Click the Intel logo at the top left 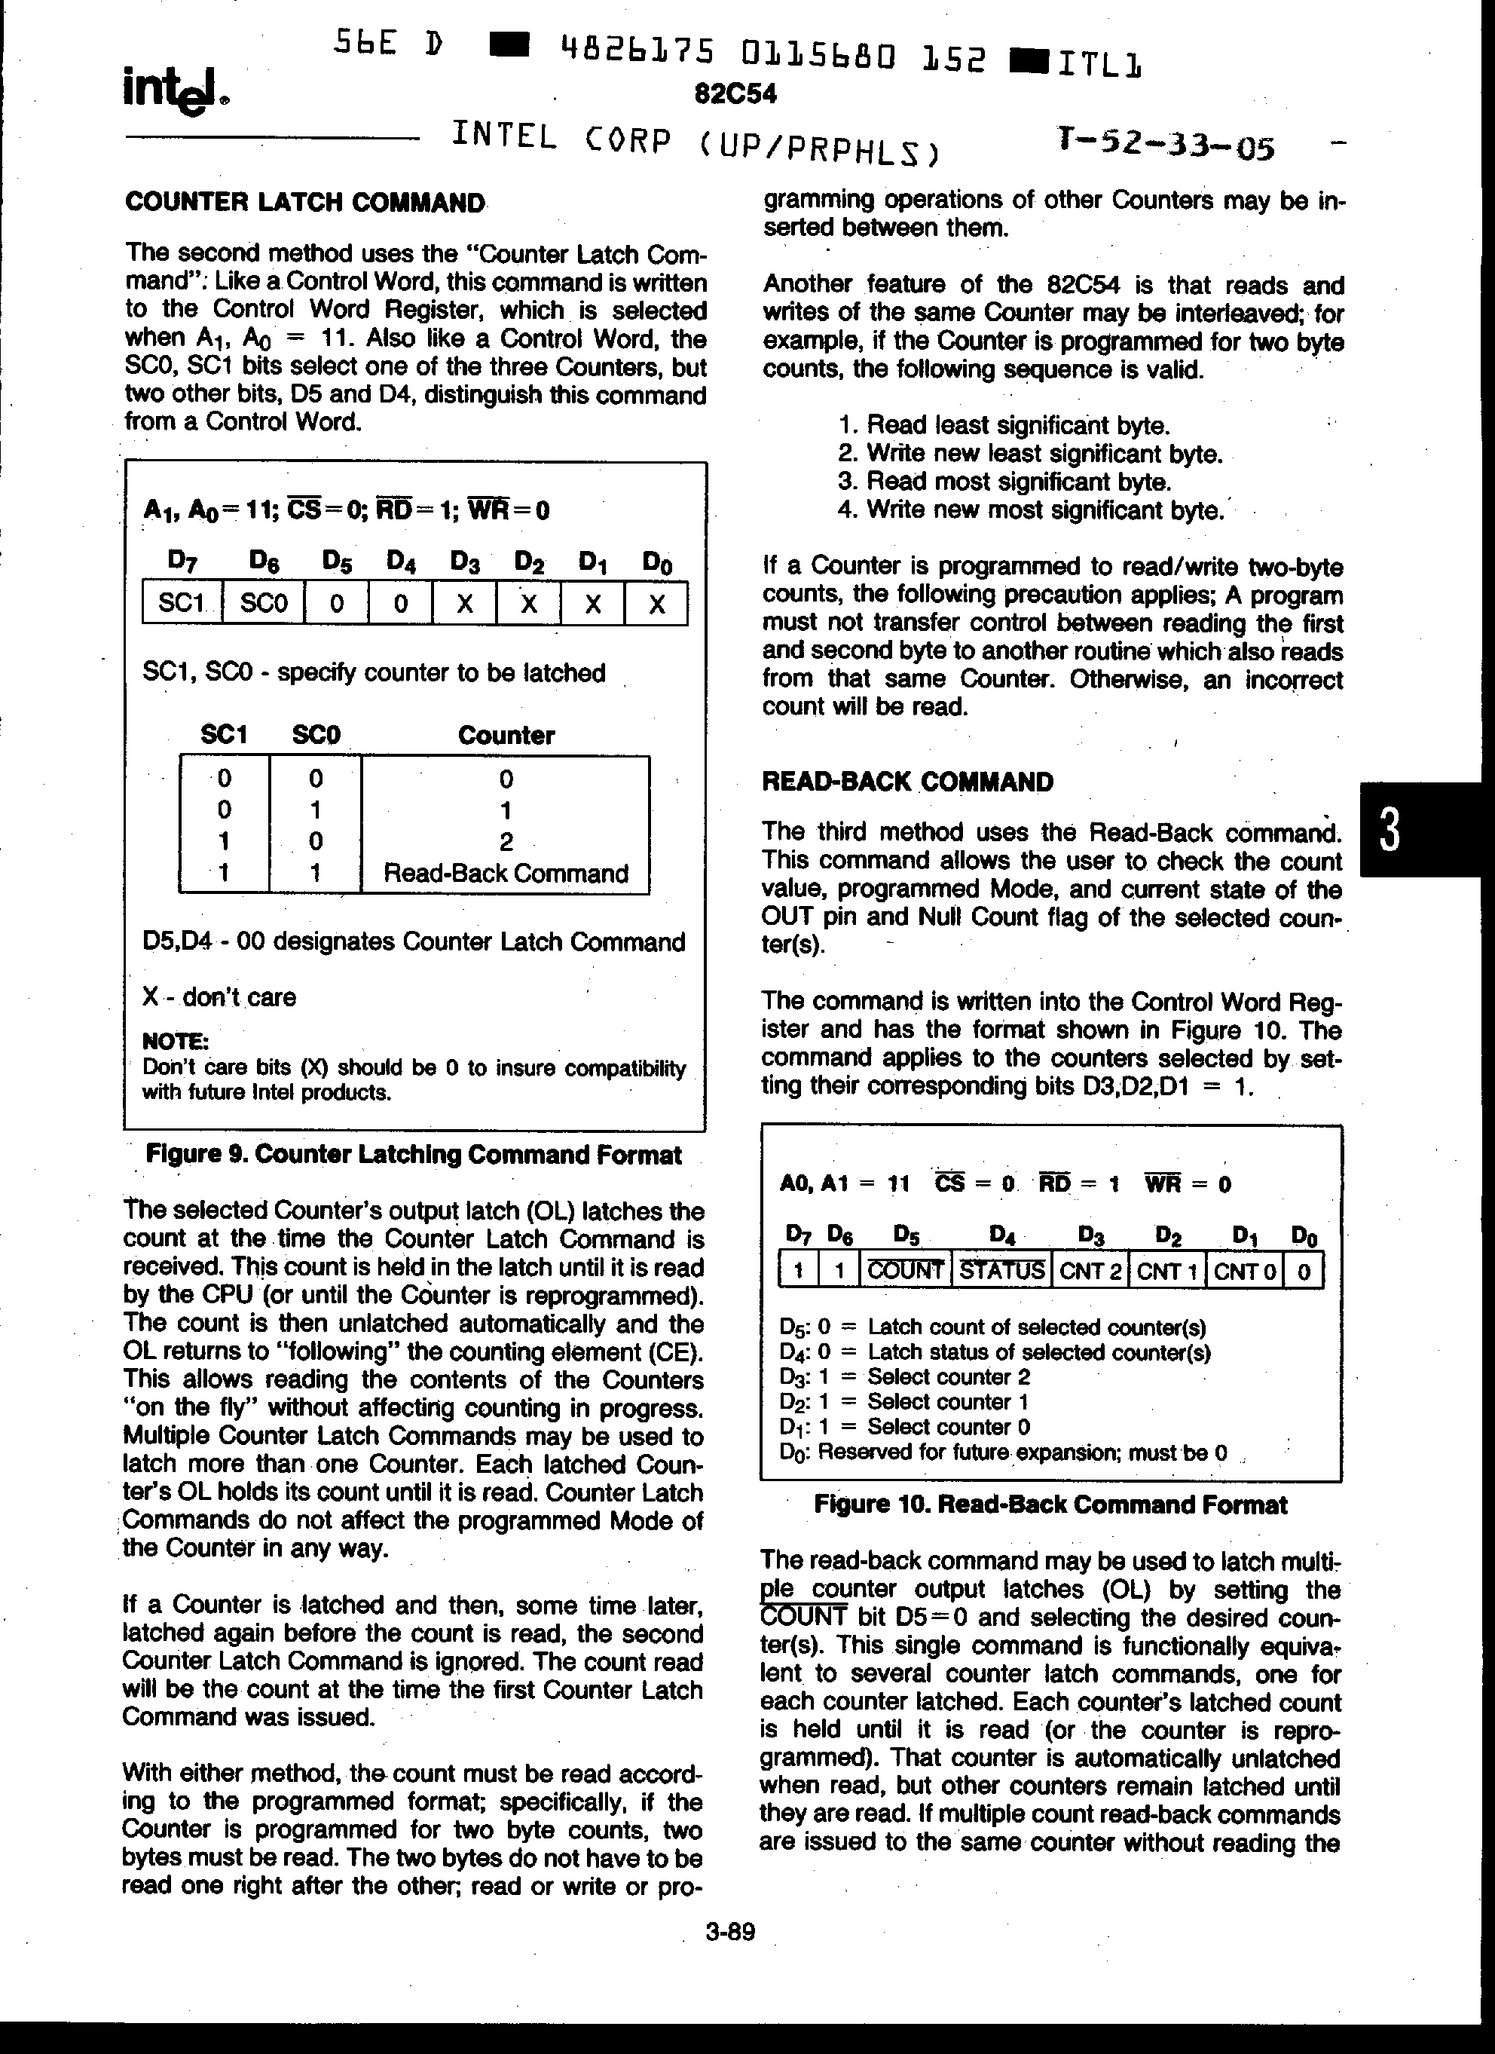coord(176,91)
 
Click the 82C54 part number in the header coord(735,94)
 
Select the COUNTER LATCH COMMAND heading coord(305,203)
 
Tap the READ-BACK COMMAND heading coord(907,782)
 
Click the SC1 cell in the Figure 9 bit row coord(181,603)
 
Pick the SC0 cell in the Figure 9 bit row coord(264,603)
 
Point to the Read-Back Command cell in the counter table coord(506,874)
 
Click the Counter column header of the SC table coord(506,736)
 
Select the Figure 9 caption coord(414,1156)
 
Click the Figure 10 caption coord(1050,1505)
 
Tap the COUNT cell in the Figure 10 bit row coord(904,1271)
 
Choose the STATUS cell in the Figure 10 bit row coord(1001,1271)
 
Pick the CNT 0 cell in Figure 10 coord(1245,1272)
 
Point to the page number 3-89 coord(730,1933)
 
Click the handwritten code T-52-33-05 coord(1166,143)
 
